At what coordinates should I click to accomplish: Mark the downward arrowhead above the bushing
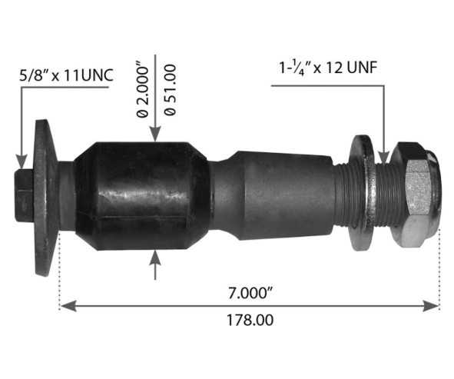click(x=156, y=135)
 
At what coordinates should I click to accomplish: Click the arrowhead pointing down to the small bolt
click(x=21, y=160)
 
